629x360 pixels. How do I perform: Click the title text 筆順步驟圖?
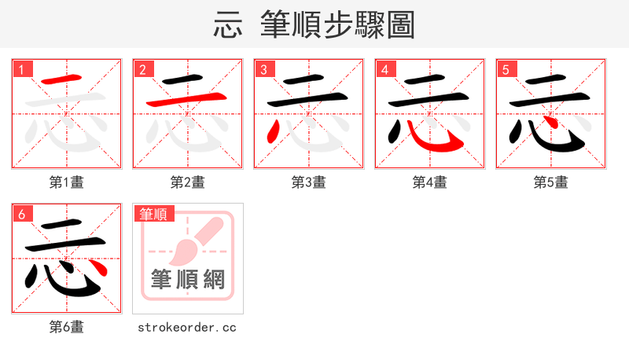point(337,24)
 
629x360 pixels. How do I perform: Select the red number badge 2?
point(143,69)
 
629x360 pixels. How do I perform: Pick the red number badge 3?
point(264,69)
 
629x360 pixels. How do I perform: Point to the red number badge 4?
point(385,69)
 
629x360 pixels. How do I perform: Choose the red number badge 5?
point(506,69)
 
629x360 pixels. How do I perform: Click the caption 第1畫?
point(67,182)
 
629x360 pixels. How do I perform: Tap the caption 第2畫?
point(188,182)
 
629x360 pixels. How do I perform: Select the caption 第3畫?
point(309,182)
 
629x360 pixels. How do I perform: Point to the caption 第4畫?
point(430,182)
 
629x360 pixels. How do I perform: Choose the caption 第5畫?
point(551,182)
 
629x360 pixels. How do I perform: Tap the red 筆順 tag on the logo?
point(154,214)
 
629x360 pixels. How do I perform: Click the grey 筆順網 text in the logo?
point(188,279)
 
